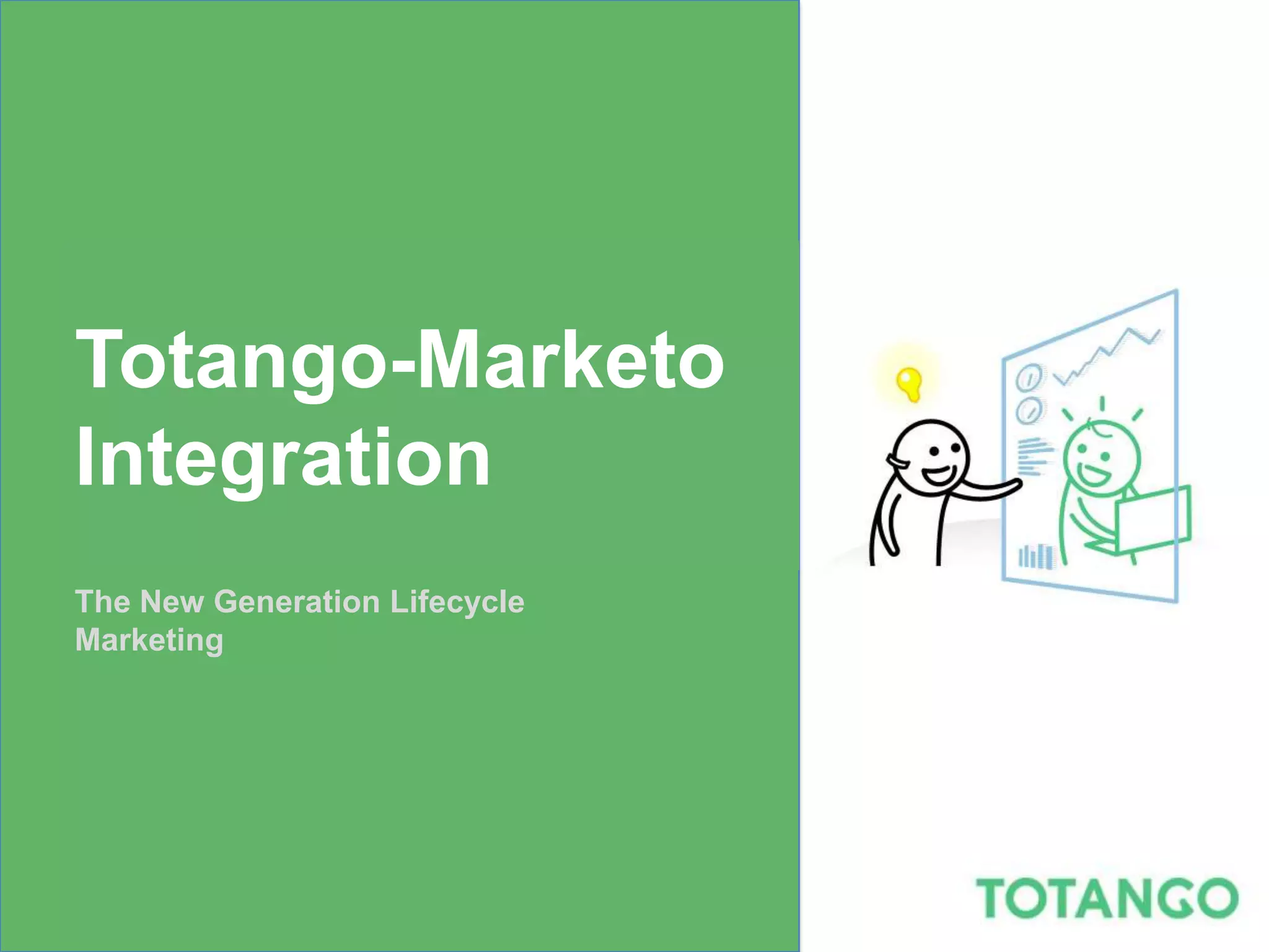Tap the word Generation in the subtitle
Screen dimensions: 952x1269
pyautogui.click(x=297, y=602)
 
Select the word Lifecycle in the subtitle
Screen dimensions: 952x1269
pyautogui.click(x=457, y=602)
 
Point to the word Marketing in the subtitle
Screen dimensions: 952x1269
pyautogui.click(x=149, y=640)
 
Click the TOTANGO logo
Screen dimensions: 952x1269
pyautogui.click(x=1106, y=898)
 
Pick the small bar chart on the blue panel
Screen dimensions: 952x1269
pyautogui.click(x=1035, y=556)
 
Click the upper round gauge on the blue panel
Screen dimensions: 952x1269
pyautogui.click(x=1030, y=377)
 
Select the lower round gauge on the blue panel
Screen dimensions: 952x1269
pyautogui.click(x=1030, y=410)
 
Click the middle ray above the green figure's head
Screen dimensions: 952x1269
pyautogui.click(x=1102, y=404)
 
